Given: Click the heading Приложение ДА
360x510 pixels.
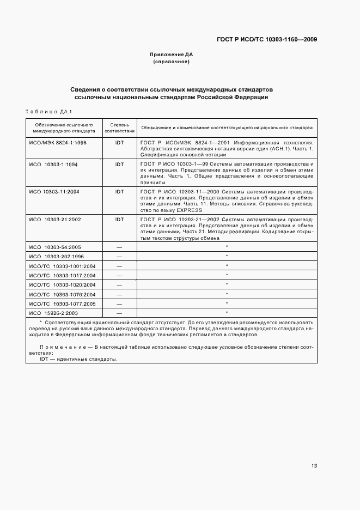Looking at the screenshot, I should [x=172, y=54].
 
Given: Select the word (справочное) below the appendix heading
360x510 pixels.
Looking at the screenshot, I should [x=172, y=62].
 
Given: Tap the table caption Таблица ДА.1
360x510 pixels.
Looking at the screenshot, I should [x=49, y=112].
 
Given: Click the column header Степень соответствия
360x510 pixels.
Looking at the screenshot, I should [x=119, y=128].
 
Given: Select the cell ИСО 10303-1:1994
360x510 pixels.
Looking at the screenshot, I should [x=54, y=164].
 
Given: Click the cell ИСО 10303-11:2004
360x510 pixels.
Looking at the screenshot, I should [x=54, y=192].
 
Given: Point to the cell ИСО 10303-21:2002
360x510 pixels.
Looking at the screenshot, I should [x=54, y=220].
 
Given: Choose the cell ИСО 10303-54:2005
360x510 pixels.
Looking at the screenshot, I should [x=54, y=247].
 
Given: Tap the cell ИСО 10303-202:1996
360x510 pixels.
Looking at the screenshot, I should [x=56, y=257].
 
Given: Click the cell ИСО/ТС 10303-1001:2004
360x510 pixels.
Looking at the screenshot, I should [x=62, y=266].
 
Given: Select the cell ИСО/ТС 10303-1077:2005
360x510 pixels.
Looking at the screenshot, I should [x=62, y=303].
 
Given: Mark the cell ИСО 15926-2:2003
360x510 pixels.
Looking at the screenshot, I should [x=54, y=313].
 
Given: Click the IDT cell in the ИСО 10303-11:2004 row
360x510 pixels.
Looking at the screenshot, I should [x=119, y=192].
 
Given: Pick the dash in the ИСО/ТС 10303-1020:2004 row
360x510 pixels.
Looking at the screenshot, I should [x=119, y=285].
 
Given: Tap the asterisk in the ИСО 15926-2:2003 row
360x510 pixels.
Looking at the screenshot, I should [x=226, y=313].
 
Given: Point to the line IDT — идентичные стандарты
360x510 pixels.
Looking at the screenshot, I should [x=78, y=360].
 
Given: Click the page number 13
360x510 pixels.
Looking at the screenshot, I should [x=314, y=466].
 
